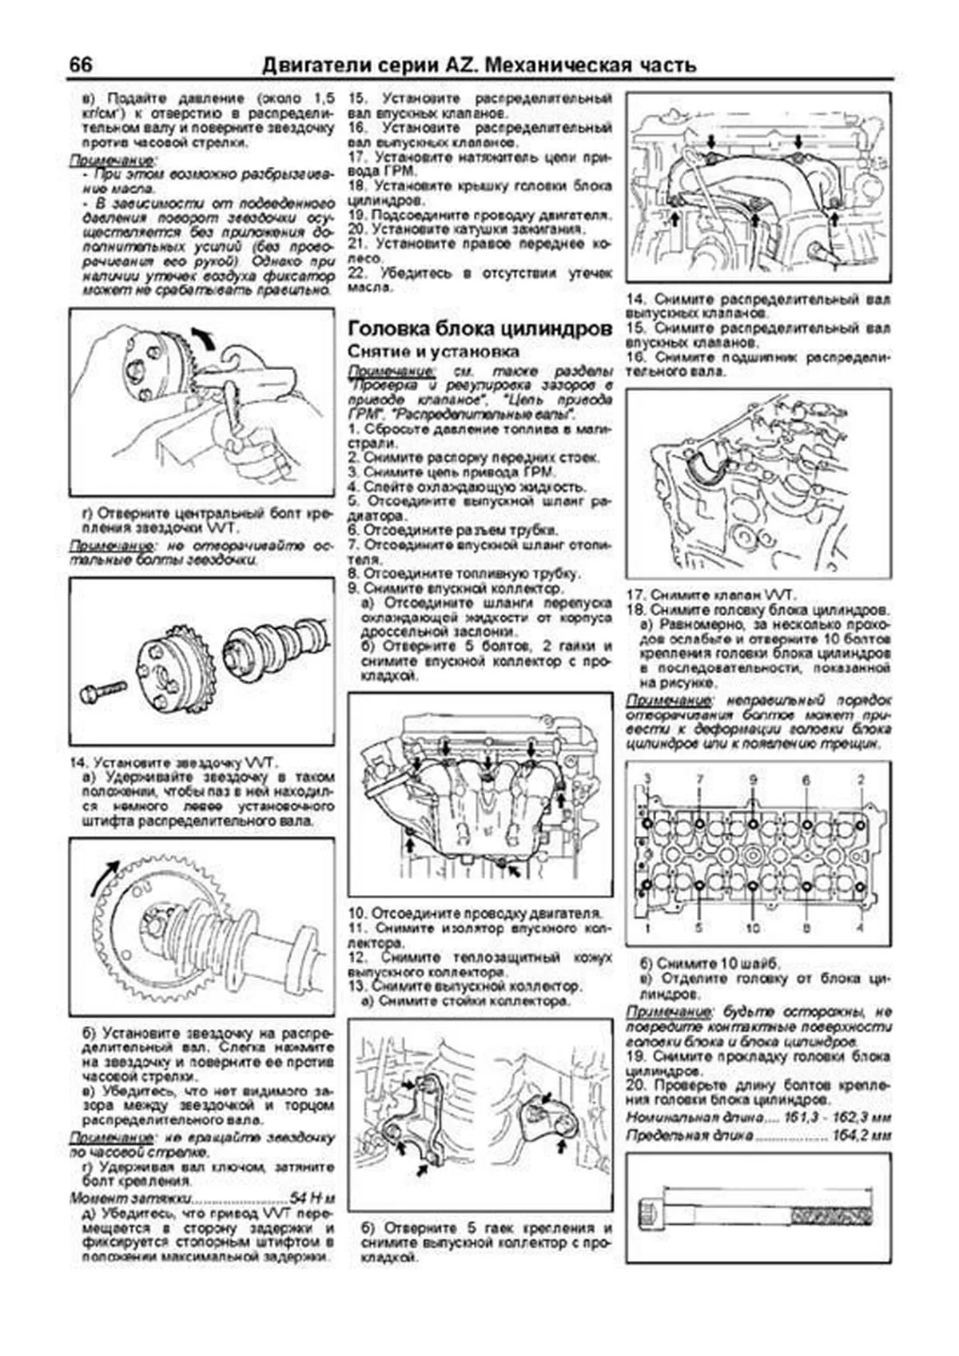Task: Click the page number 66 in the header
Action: (81, 65)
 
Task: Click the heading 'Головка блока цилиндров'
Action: (480, 328)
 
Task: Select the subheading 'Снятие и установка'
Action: (433, 352)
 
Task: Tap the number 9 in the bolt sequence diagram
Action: (753, 780)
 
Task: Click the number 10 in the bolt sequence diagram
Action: (753, 929)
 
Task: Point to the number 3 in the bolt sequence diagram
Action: (647, 780)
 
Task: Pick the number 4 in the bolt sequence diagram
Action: (861, 929)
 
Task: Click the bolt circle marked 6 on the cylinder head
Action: (807, 824)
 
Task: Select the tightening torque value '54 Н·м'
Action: (312, 1199)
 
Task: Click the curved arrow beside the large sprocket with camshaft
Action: (103, 880)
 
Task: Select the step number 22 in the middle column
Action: (357, 273)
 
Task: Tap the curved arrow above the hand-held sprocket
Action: (204, 337)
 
